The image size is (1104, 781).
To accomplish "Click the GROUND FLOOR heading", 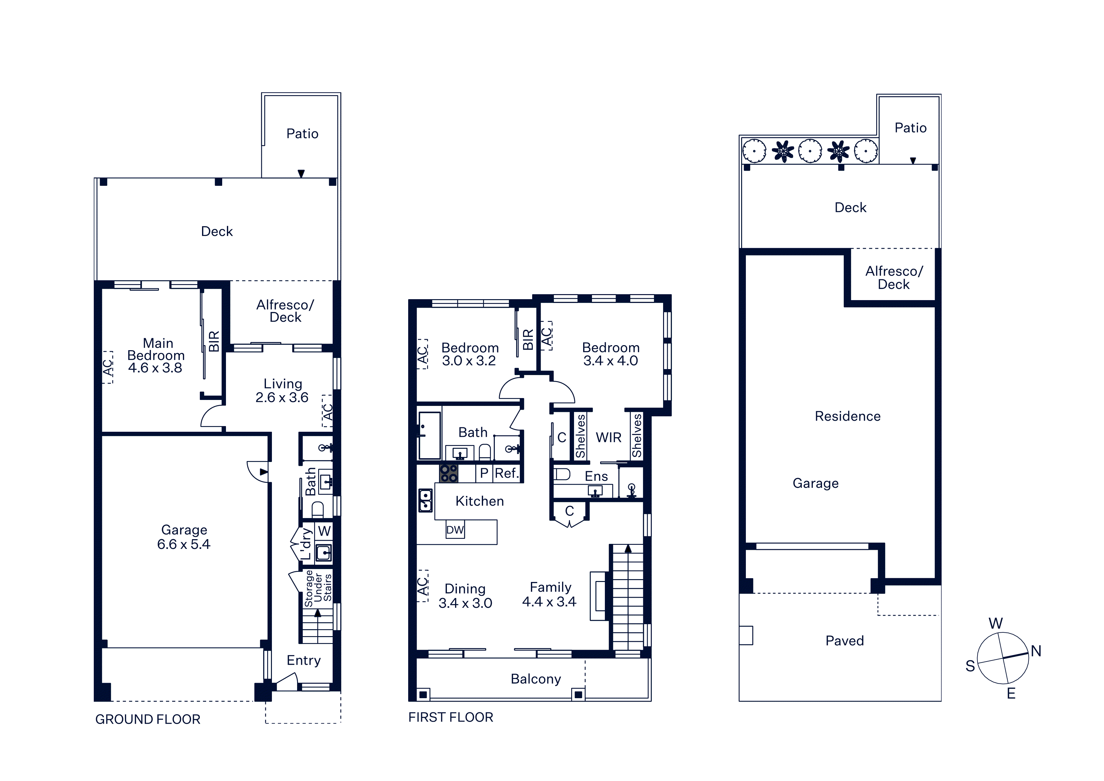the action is coord(148,719).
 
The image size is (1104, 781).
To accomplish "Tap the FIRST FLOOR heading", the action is coord(451,717).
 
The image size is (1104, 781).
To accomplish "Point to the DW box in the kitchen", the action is coord(455,530).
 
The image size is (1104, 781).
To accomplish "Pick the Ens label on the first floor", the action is coord(596,476).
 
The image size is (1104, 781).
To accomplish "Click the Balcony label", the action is coord(536,679).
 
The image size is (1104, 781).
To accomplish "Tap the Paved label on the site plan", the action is coord(844,641).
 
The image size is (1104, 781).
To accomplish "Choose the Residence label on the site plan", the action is coord(848,416).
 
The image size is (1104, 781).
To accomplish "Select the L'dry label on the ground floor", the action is coord(306,544).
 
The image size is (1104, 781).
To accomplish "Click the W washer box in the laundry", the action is coord(324,531).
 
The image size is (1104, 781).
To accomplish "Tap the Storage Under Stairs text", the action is coord(318,588).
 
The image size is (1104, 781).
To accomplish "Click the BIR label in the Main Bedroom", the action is coord(214,341).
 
